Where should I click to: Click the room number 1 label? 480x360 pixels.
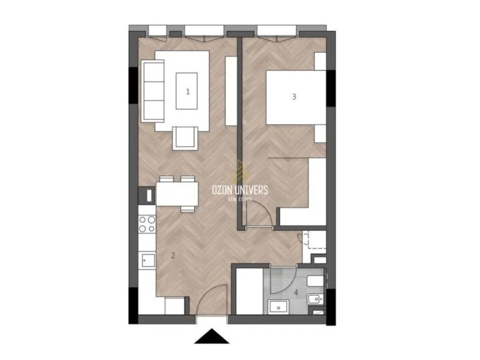coord(188,91)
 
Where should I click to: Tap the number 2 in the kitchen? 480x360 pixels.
coord(173,255)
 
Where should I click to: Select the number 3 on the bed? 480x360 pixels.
coord(294,97)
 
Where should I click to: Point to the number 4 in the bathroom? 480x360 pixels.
coord(297,292)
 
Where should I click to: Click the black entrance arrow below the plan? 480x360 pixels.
coord(212,336)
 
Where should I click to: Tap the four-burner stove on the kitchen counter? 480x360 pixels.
coord(147,224)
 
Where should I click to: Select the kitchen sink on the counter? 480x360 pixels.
coord(147,261)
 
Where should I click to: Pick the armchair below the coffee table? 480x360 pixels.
coord(185,138)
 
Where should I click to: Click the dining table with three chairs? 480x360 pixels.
coord(177,193)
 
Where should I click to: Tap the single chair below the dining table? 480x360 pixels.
coord(188,208)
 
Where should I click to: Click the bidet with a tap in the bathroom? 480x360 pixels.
coord(315,300)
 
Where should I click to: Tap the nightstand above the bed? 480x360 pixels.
coord(320,61)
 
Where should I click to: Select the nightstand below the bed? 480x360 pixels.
coord(320,134)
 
